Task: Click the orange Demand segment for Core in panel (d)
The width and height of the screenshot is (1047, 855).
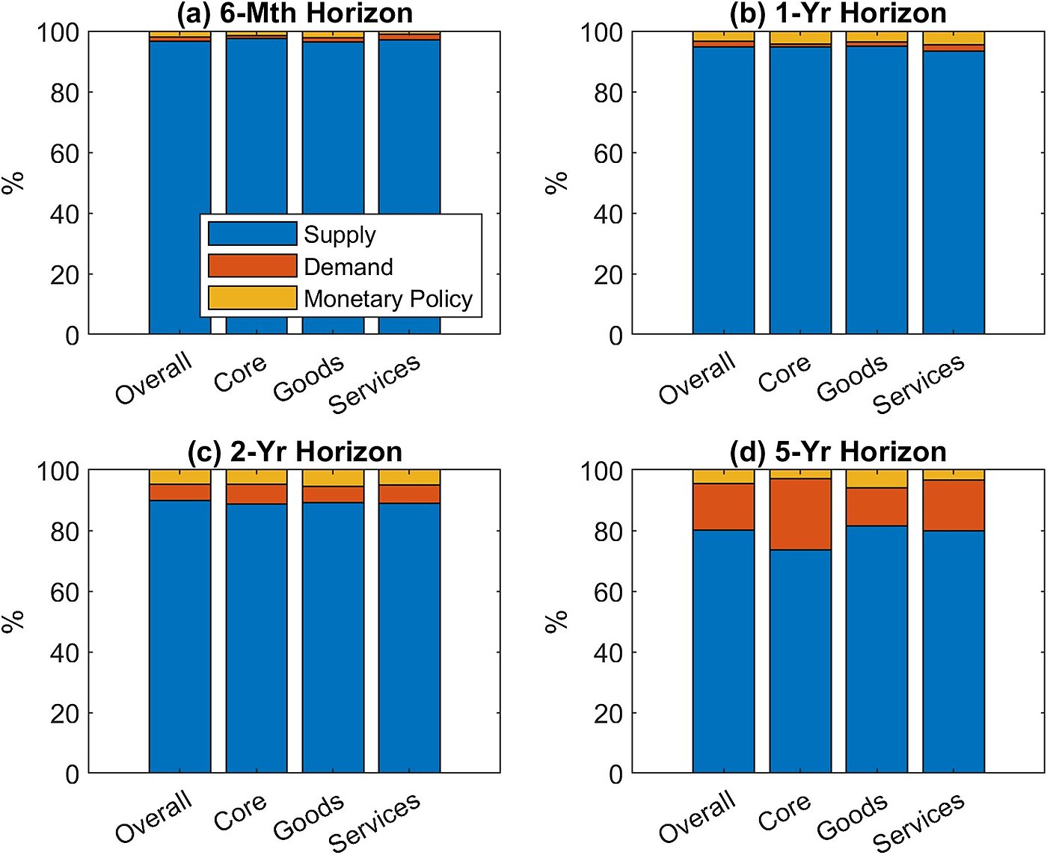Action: (800, 514)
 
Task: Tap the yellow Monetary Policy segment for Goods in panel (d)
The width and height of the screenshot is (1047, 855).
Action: (876, 479)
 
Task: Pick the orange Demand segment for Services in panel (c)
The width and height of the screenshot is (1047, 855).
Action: (409, 494)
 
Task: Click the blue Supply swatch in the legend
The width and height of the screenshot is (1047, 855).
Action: (252, 234)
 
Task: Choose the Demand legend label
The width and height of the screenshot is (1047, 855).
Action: (349, 267)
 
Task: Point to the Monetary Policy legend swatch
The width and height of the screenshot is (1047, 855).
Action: (252, 297)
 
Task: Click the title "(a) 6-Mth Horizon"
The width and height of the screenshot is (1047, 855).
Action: (295, 13)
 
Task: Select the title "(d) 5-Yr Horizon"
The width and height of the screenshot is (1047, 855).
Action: (838, 452)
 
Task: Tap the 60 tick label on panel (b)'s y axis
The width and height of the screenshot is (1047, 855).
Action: (609, 153)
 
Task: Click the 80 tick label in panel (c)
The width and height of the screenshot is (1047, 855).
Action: (65, 531)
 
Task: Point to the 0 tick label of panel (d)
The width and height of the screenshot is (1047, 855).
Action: (615, 774)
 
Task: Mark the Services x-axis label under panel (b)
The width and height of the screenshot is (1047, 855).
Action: (919, 384)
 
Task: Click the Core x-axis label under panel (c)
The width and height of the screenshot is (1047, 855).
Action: (240, 812)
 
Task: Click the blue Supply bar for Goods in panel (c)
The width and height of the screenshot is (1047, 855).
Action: (333, 635)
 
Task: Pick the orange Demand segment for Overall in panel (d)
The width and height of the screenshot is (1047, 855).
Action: (723, 507)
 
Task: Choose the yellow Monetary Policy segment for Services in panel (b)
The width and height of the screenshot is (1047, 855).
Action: (954, 38)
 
